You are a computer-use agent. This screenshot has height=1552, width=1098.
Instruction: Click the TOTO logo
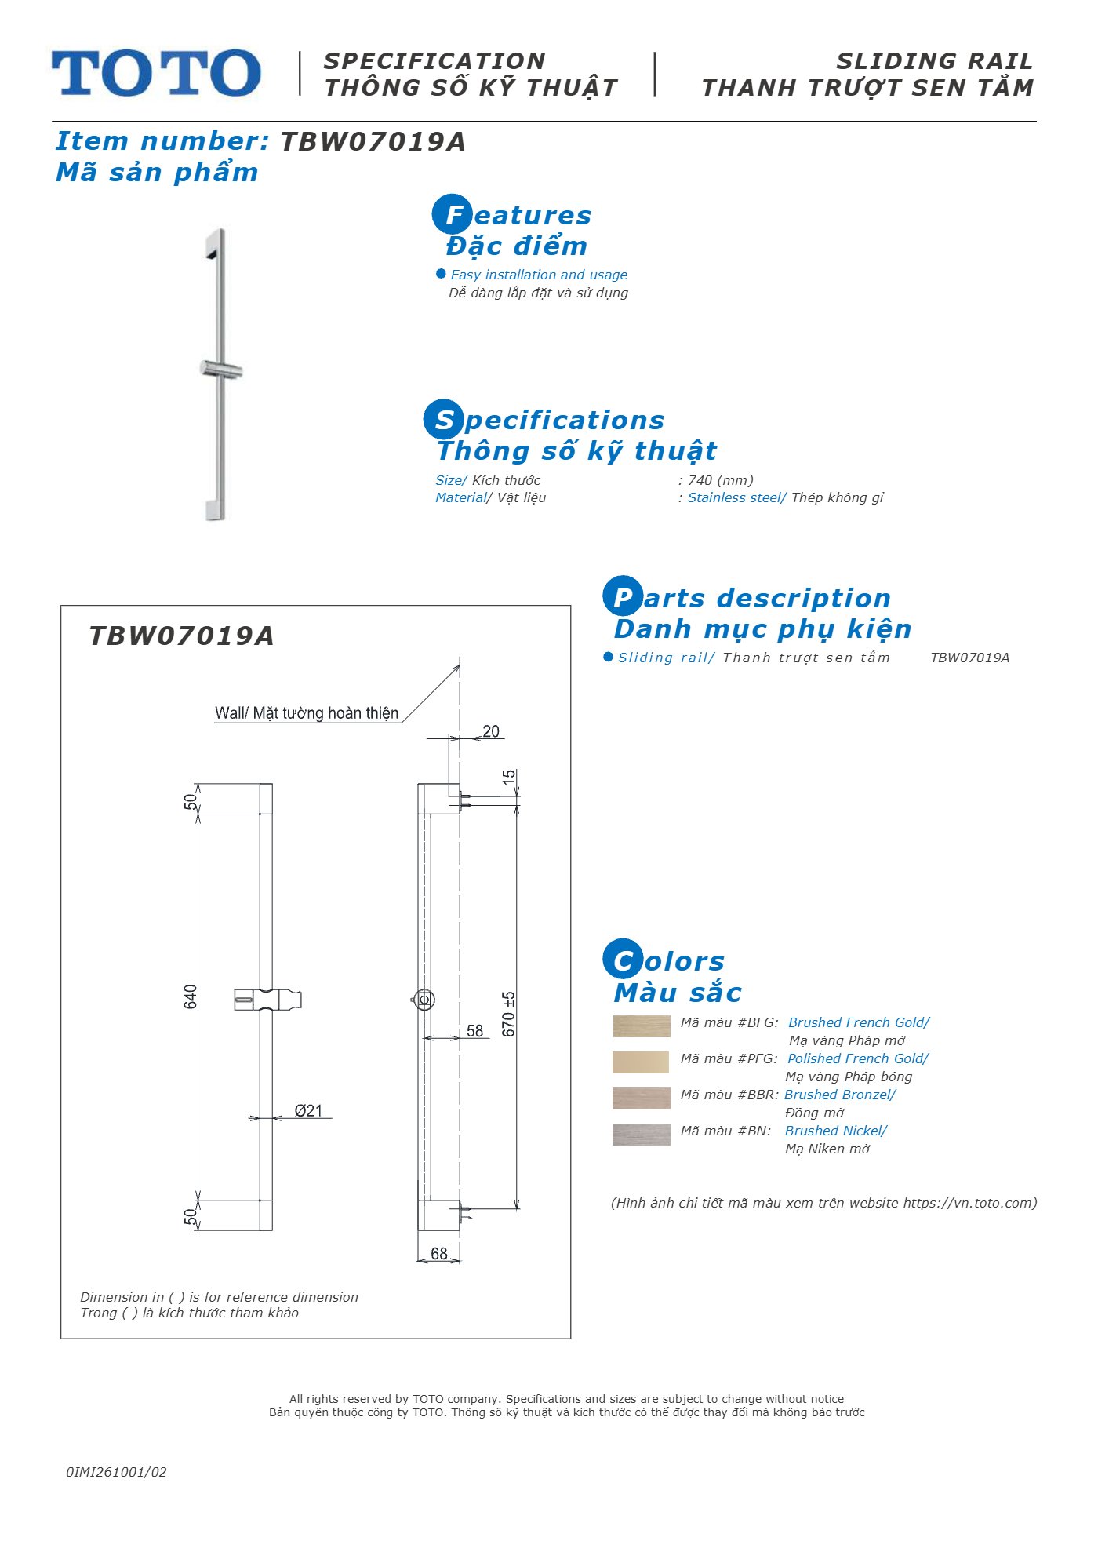(x=156, y=73)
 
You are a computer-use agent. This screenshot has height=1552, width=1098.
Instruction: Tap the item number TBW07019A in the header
(x=373, y=142)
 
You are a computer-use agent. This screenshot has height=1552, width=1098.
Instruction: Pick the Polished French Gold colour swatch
(x=641, y=1062)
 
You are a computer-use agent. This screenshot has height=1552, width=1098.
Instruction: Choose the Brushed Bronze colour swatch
(x=642, y=1098)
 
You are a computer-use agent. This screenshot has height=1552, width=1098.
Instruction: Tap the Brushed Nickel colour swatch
(x=642, y=1135)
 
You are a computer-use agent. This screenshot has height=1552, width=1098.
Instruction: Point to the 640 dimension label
(x=191, y=996)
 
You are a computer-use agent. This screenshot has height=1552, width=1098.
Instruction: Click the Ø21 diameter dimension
(x=308, y=1110)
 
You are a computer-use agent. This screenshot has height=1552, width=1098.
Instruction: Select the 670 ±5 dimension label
(x=509, y=1014)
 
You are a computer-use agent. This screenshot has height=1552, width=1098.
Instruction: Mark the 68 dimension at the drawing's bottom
(x=439, y=1254)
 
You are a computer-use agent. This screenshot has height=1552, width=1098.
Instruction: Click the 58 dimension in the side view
(x=475, y=1031)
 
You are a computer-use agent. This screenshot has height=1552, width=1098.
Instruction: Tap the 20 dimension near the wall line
(x=491, y=731)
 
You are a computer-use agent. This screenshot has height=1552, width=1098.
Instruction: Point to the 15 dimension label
(x=509, y=777)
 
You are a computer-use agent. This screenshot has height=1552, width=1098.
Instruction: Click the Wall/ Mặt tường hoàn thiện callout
(x=307, y=713)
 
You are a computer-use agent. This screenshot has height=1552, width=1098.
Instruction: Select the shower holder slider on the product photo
(x=221, y=370)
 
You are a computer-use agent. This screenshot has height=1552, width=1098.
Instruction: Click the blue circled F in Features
(x=453, y=214)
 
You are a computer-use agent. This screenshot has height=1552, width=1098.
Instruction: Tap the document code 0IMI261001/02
(x=116, y=1472)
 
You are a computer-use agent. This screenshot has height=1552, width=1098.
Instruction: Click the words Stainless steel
(x=734, y=497)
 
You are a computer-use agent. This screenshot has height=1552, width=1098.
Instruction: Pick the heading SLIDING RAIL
(x=935, y=61)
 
